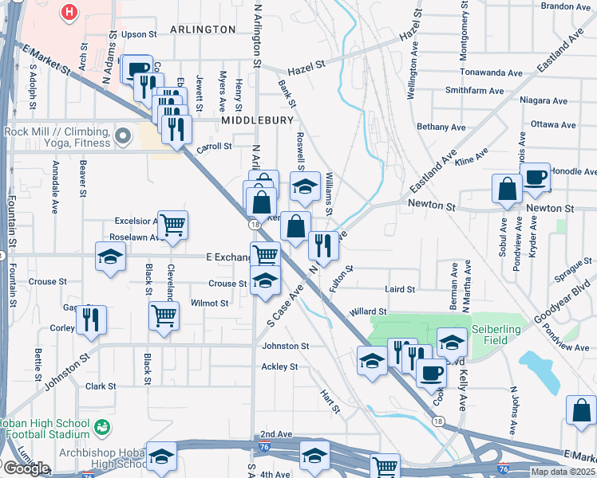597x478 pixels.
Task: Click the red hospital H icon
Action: click(x=71, y=12)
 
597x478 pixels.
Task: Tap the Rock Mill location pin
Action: click(x=123, y=138)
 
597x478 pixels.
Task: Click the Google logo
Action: click(x=26, y=468)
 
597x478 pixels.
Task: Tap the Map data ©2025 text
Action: click(x=562, y=472)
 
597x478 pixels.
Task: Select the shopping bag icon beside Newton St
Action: click(x=507, y=190)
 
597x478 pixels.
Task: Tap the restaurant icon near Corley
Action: click(x=90, y=319)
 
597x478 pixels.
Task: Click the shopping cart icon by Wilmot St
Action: click(x=164, y=314)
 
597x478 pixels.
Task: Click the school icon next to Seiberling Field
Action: click(x=452, y=342)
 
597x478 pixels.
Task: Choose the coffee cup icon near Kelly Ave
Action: click(x=432, y=370)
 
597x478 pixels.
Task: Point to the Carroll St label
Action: click(x=214, y=147)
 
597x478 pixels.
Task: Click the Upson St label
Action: click(x=139, y=35)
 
